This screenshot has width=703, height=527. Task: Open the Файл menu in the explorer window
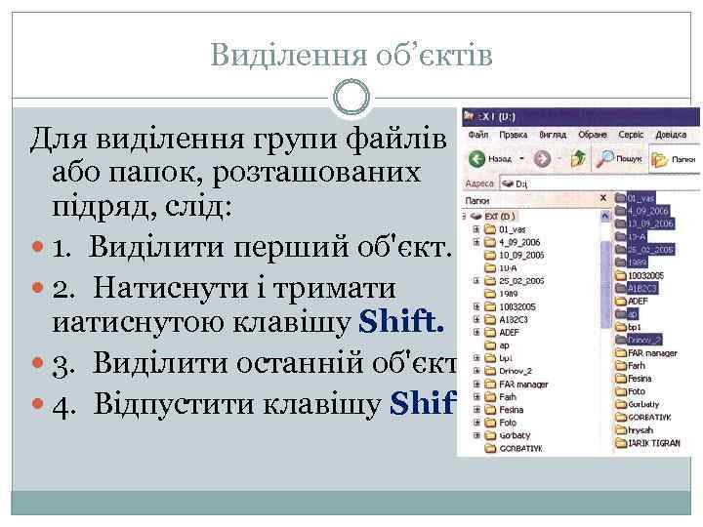pos(478,135)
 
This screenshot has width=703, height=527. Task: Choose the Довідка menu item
pos(682,135)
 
